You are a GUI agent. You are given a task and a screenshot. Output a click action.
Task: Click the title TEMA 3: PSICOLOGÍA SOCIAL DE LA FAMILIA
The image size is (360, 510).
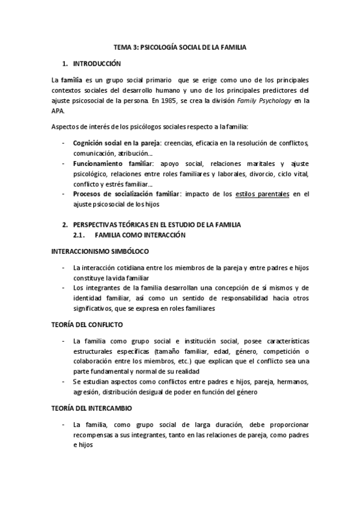click(180, 46)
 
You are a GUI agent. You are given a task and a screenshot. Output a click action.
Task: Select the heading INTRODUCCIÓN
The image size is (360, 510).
click(96, 63)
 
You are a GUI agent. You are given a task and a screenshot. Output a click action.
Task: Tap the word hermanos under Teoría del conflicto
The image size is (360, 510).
click(291, 382)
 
